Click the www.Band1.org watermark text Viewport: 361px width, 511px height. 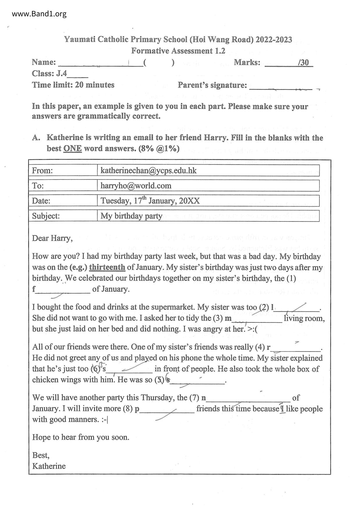(x=39, y=14)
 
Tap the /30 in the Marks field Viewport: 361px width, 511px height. (x=303, y=62)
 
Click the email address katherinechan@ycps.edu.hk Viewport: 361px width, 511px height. (x=148, y=170)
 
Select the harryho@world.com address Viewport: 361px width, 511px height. (x=136, y=186)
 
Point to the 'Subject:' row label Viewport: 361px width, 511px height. (x=46, y=216)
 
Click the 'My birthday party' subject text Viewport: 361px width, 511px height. (x=131, y=216)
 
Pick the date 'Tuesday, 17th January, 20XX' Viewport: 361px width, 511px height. (x=150, y=201)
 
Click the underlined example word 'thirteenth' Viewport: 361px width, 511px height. (x=107, y=267)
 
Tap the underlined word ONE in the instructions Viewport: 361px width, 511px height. (x=72, y=149)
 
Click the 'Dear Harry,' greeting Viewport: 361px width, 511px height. (x=52, y=238)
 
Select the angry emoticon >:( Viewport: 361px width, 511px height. (x=253, y=329)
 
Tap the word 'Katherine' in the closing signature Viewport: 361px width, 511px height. (x=49, y=466)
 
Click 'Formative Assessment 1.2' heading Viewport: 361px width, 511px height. (x=178, y=51)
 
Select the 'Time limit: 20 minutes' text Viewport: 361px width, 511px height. (x=73, y=85)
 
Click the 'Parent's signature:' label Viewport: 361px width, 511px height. (x=212, y=85)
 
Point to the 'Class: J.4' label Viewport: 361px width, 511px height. (x=49, y=73)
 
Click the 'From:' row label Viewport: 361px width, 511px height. (x=43, y=170)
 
